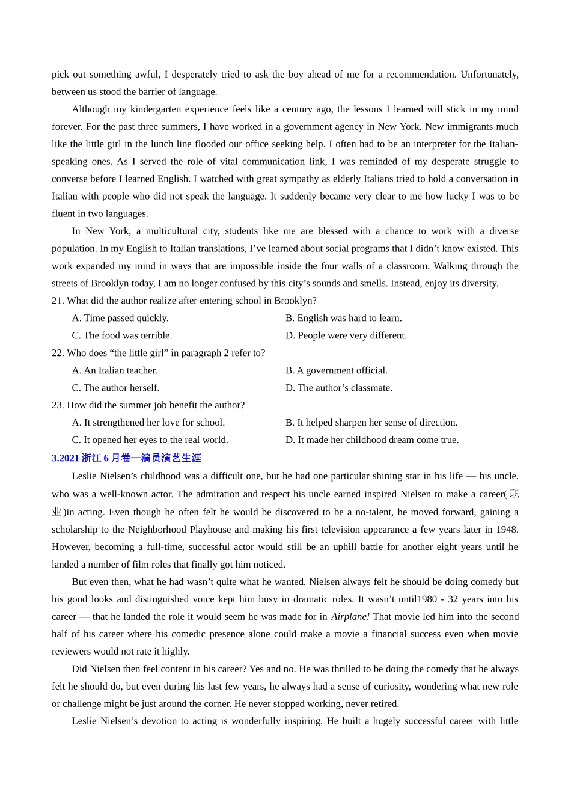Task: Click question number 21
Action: point(58,301)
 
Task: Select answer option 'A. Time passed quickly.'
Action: point(120,318)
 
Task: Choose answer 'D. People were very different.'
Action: point(346,335)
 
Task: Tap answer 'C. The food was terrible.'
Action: point(122,335)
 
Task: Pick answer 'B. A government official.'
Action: point(336,370)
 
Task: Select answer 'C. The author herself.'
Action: point(115,388)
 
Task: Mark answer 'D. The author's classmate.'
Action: point(338,388)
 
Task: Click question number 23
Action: point(58,405)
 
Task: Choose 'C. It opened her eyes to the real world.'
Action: point(150,440)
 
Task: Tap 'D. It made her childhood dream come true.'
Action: point(371,440)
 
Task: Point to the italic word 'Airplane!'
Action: point(350,617)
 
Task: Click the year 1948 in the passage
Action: point(507,530)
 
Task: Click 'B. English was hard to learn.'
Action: point(343,318)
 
